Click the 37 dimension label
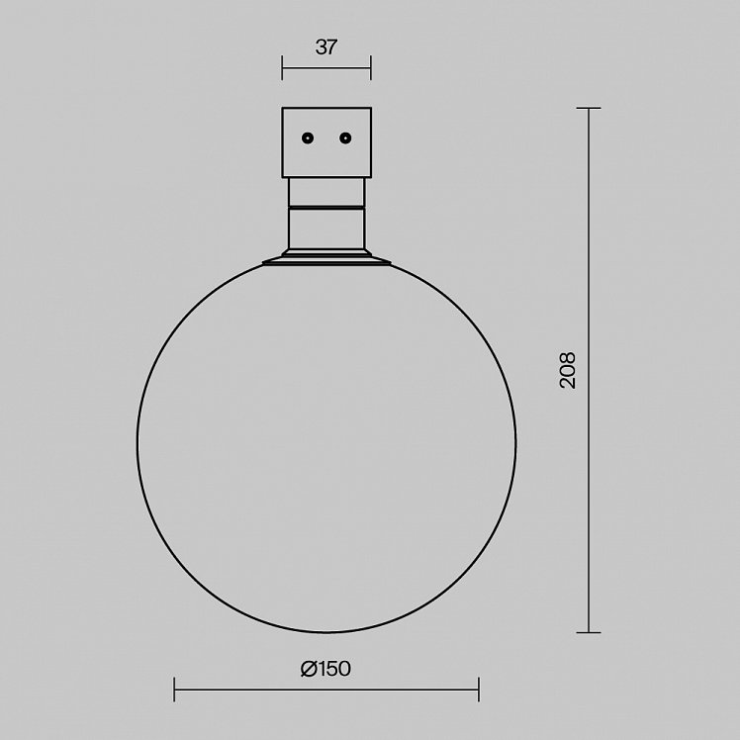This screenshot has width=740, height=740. coord(326,47)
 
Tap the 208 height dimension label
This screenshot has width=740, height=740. coord(567,370)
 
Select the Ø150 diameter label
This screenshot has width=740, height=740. coord(326,669)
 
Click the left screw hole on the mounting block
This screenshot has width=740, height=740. coord(308,139)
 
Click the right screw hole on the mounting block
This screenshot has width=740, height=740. coord(345,139)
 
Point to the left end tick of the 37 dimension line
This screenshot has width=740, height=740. coord(282,68)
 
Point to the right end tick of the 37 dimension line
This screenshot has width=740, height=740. coord(370,68)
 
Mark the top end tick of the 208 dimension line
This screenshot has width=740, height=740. coord(589,109)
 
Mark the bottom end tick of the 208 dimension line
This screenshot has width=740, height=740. coord(589,632)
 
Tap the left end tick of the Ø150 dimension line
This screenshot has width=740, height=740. coord(175,690)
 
